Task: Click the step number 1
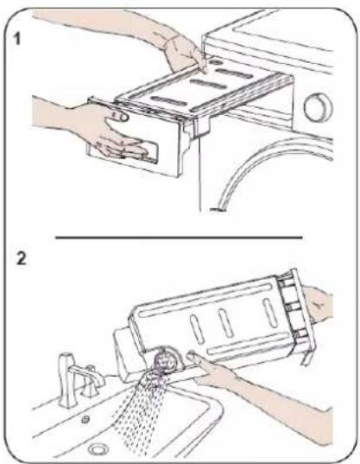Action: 17,39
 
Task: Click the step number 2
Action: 22,258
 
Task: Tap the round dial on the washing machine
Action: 318,107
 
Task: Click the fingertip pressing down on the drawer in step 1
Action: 204,68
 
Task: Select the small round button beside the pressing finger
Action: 216,62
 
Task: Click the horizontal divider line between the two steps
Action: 179,237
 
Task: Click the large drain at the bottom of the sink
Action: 98,449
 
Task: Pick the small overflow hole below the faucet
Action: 85,419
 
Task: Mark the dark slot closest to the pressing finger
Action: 234,73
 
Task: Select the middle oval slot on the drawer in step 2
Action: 226,323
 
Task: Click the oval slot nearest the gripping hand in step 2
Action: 269,313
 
